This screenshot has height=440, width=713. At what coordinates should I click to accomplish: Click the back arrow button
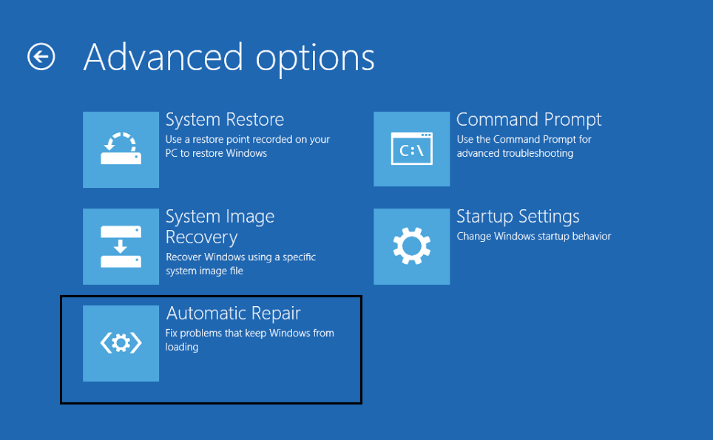tap(41, 57)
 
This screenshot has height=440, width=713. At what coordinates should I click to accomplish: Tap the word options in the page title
tap(315, 60)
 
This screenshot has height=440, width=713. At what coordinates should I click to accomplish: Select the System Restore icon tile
tap(121, 149)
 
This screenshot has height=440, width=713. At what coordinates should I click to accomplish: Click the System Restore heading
tap(225, 120)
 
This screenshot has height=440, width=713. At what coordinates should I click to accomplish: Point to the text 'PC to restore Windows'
tap(216, 153)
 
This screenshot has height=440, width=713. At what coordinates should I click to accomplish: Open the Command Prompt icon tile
tap(411, 149)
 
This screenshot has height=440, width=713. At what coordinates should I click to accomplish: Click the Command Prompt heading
tap(529, 120)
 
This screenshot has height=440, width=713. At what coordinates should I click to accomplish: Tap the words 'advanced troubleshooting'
tap(515, 154)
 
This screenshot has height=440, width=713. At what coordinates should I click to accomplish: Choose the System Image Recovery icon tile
tap(121, 246)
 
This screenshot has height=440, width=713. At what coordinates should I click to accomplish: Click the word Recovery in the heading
tap(201, 237)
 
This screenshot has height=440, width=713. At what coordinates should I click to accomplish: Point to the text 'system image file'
tap(204, 271)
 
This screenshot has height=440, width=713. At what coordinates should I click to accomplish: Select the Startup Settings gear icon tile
tap(411, 246)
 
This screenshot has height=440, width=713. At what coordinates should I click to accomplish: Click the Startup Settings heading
tap(518, 217)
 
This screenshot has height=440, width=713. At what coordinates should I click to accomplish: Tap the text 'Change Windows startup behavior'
tap(534, 237)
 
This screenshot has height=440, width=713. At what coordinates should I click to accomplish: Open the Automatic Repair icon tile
tap(121, 343)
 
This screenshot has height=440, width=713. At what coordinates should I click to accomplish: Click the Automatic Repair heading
tap(233, 314)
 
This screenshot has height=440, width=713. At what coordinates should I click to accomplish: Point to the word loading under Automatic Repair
tap(182, 348)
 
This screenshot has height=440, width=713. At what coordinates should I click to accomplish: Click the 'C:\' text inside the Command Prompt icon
tap(411, 150)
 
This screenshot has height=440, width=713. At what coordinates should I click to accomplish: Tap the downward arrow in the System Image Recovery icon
tap(121, 246)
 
